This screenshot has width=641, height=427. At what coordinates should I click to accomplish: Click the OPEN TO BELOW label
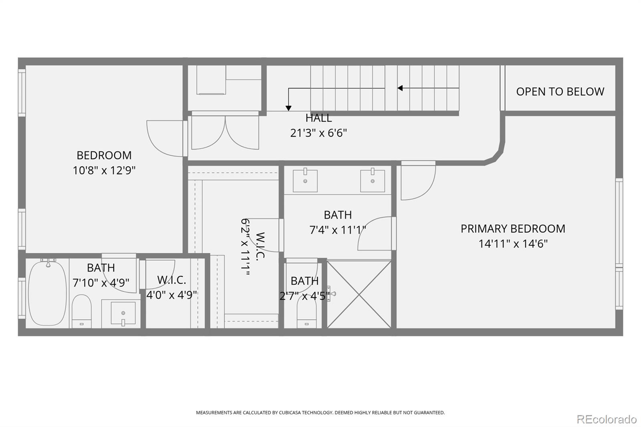(560, 92)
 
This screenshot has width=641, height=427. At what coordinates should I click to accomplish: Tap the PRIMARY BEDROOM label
(513, 229)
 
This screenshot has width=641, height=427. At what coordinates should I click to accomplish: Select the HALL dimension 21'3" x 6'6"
(318, 133)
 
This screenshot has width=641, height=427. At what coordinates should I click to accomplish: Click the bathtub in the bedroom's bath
(48, 293)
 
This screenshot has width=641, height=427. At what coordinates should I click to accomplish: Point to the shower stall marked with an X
(359, 294)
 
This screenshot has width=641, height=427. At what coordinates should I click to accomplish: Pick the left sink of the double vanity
(305, 180)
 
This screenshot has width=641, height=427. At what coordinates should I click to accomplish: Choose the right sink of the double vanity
(372, 180)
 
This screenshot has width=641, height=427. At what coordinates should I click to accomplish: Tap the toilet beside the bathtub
(82, 311)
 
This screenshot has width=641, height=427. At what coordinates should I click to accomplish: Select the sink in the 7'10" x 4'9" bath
(123, 313)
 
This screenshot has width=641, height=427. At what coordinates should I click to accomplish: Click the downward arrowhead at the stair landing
(288, 108)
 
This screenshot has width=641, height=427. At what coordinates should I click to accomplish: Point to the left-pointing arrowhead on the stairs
(400, 88)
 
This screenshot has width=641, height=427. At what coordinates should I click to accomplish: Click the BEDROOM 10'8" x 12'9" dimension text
(104, 171)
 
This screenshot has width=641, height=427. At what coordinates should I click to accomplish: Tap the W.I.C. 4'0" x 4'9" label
(172, 287)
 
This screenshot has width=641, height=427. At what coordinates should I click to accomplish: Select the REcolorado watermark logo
(607, 419)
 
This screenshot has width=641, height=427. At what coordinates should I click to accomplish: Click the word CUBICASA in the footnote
(289, 413)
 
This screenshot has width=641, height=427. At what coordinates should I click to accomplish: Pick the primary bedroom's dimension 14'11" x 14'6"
(513, 244)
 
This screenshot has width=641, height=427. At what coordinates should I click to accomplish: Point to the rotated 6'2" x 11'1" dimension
(245, 247)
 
